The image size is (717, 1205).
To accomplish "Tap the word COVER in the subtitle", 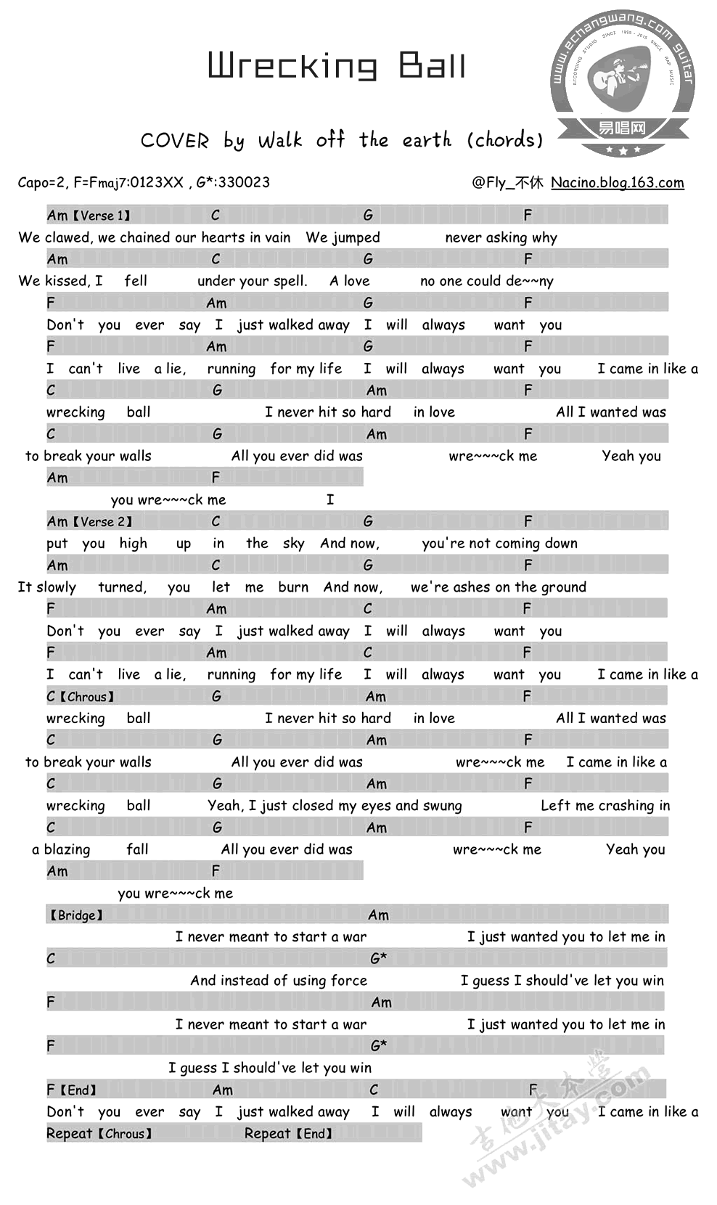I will click(x=175, y=140).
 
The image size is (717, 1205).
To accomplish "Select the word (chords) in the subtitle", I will click(x=505, y=139).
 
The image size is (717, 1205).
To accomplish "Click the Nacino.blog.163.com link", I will click(x=617, y=182).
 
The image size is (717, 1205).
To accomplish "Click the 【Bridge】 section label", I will click(x=75, y=915).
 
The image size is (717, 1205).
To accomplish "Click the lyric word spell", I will click(x=291, y=281).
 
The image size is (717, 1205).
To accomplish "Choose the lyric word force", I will click(x=348, y=980).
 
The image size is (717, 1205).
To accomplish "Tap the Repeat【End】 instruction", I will click(x=288, y=1133).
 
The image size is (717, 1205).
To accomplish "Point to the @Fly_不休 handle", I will click(x=507, y=182).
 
